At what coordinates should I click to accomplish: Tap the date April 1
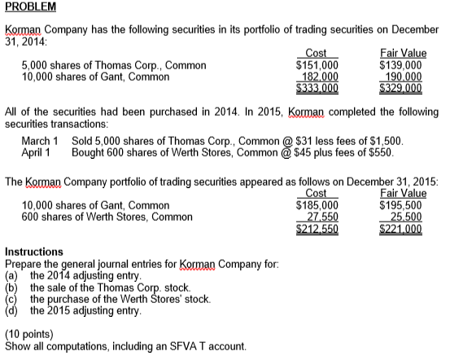pyautogui.click(x=35, y=152)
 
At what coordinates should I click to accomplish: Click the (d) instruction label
pyautogui.click(x=11, y=310)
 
